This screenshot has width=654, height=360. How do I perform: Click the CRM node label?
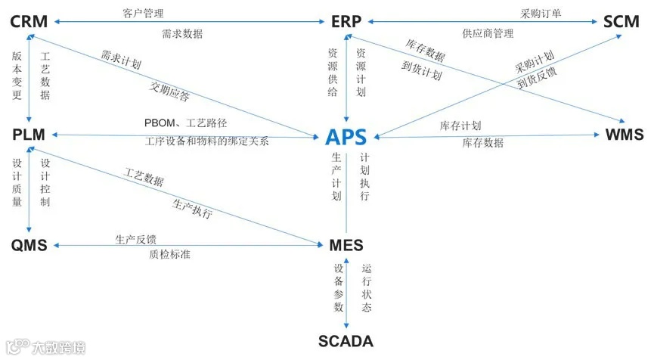coord(29,21)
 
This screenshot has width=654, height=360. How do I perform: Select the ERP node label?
coord(346,21)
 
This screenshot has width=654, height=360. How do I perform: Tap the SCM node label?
coord(621,21)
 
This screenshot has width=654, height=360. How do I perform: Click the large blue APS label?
coord(346,137)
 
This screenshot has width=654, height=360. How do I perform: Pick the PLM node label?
coord(29,135)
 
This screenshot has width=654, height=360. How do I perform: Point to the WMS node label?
coord(625,135)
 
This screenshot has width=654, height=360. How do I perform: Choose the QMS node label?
coord(29,246)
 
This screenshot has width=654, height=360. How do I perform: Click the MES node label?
coord(346,246)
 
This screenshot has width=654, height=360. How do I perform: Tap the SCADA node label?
coord(346,341)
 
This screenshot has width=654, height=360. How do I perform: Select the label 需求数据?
coord(182,33)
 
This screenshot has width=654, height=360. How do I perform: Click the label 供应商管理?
coord(487,33)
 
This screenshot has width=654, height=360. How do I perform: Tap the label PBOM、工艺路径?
coord(185,123)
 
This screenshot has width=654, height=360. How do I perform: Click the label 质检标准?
coord(169,255)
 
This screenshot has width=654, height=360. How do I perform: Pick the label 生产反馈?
coord(135,239)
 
